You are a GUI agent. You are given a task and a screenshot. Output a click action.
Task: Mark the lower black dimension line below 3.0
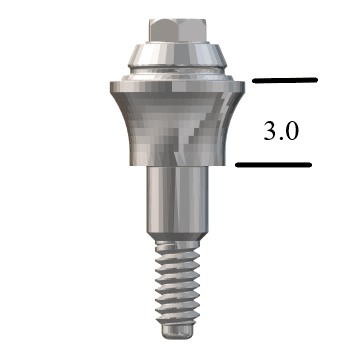click(x=275, y=165)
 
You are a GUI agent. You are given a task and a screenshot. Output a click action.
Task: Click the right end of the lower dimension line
click(x=312, y=165)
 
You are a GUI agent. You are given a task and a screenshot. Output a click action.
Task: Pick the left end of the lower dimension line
click(x=238, y=165)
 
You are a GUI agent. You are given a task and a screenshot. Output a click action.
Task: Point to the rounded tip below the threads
click(x=175, y=331)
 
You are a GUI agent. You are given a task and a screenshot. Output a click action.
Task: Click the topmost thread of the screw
click(x=175, y=247)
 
